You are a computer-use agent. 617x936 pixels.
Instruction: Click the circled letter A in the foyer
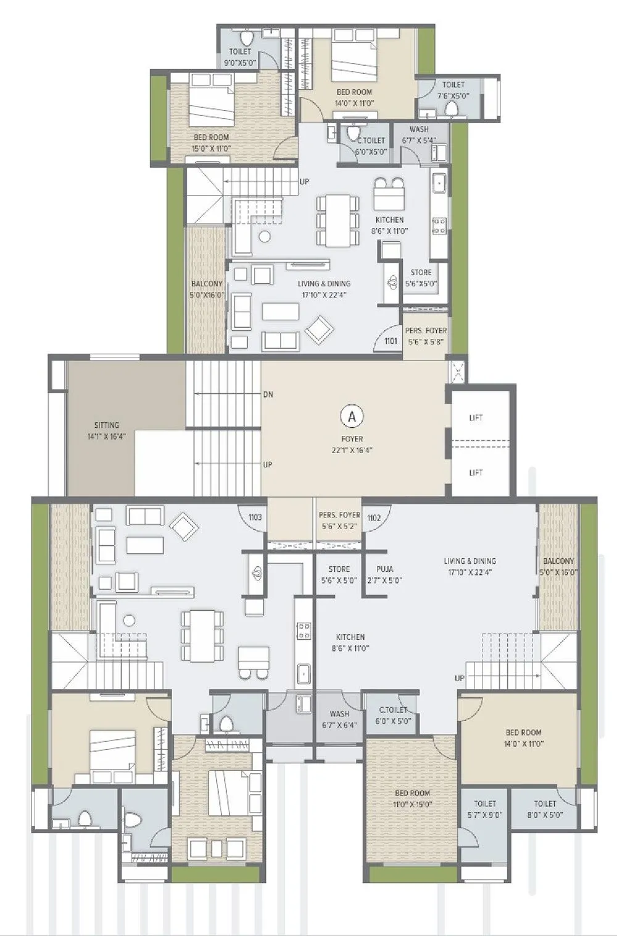click(x=352, y=416)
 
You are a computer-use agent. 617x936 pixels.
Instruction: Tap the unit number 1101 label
click(x=391, y=341)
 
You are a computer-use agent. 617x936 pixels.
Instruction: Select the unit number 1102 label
click(x=374, y=518)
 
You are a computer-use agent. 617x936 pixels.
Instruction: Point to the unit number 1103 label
click(x=255, y=517)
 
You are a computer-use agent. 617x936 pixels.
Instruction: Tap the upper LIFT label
click(x=476, y=418)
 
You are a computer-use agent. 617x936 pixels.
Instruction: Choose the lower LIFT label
click(x=476, y=473)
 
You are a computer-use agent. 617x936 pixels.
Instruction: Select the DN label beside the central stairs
click(x=268, y=395)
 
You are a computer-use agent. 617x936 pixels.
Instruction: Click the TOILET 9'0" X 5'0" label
click(x=241, y=57)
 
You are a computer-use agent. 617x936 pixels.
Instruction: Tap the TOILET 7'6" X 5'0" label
click(x=453, y=90)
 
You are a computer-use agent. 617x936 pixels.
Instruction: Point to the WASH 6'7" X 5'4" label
click(x=419, y=135)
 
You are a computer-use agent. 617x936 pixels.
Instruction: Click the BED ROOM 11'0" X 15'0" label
click(x=413, y=798)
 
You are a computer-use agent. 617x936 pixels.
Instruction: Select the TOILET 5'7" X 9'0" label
click(x=485, y=809)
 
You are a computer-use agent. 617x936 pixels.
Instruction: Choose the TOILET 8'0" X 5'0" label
click(x=545, y=809)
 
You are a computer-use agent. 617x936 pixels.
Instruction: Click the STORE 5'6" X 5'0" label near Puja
click(x=339, y=575)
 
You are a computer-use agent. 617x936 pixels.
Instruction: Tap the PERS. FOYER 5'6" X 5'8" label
click(x=426, y=335)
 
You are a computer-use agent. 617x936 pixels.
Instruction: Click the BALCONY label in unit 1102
click(x=558, y=566)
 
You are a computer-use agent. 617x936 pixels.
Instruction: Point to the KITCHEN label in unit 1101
click(x=390, y=225)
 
